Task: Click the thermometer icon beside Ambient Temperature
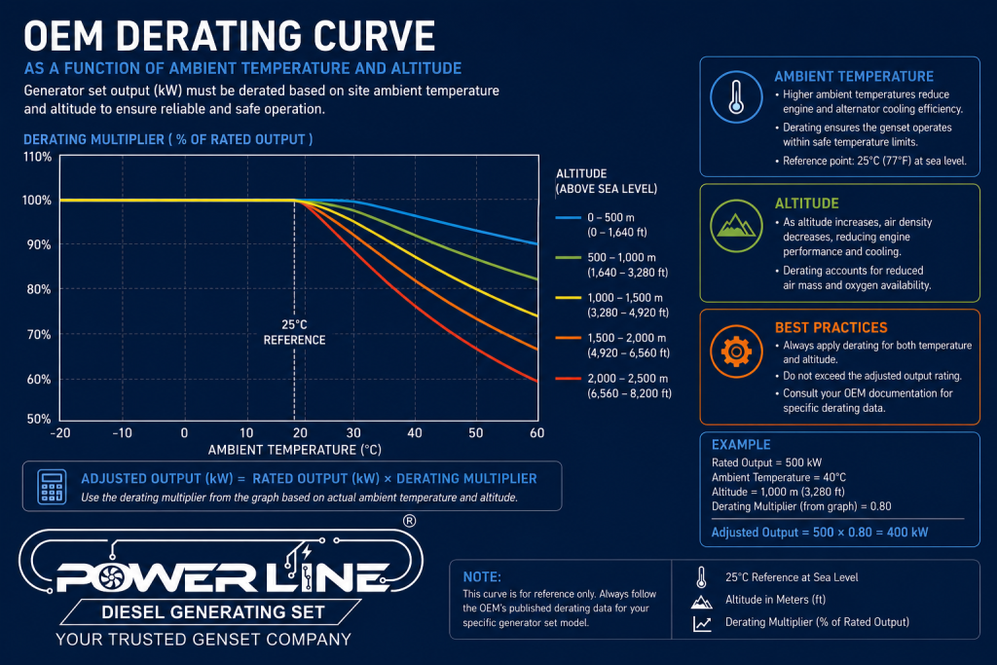click(736, 96)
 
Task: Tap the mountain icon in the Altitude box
click(736, 226)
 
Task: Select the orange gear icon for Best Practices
click(736, 351)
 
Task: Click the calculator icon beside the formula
click(52, 487)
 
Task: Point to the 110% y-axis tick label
click(37, 157)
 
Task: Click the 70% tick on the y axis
click(38, 334)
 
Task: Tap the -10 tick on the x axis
click(122, 433)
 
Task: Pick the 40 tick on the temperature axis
click(415, 433)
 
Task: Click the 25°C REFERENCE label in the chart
click(294, 332)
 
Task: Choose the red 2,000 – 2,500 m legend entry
click(613, 386)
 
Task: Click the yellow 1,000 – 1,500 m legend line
click(568, 298)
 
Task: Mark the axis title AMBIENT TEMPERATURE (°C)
click(294, 450)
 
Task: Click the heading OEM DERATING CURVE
click(230, 36)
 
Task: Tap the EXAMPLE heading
click(741, 444)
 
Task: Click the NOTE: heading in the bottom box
click(482, 576)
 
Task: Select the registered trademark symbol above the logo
click(410, 521)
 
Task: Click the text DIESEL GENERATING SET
click(213, 612)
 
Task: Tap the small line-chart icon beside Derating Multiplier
click(702, 624)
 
